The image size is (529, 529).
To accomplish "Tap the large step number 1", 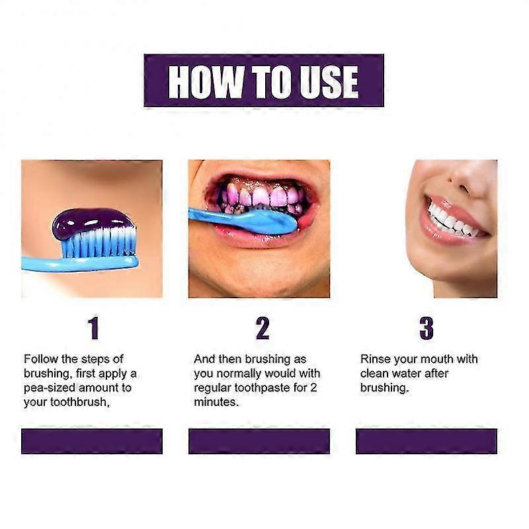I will point(93,328).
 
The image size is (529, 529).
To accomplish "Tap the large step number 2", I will point(263,328).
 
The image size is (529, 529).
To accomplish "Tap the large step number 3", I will point(427,328).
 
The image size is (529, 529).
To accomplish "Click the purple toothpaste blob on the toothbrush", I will point(93,223).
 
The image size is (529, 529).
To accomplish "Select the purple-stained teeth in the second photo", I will point(261,196).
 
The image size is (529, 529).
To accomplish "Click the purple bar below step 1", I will point(92,441).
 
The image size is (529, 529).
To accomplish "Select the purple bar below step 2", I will point(259,441).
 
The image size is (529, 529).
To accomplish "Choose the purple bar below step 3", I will point(427,441).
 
